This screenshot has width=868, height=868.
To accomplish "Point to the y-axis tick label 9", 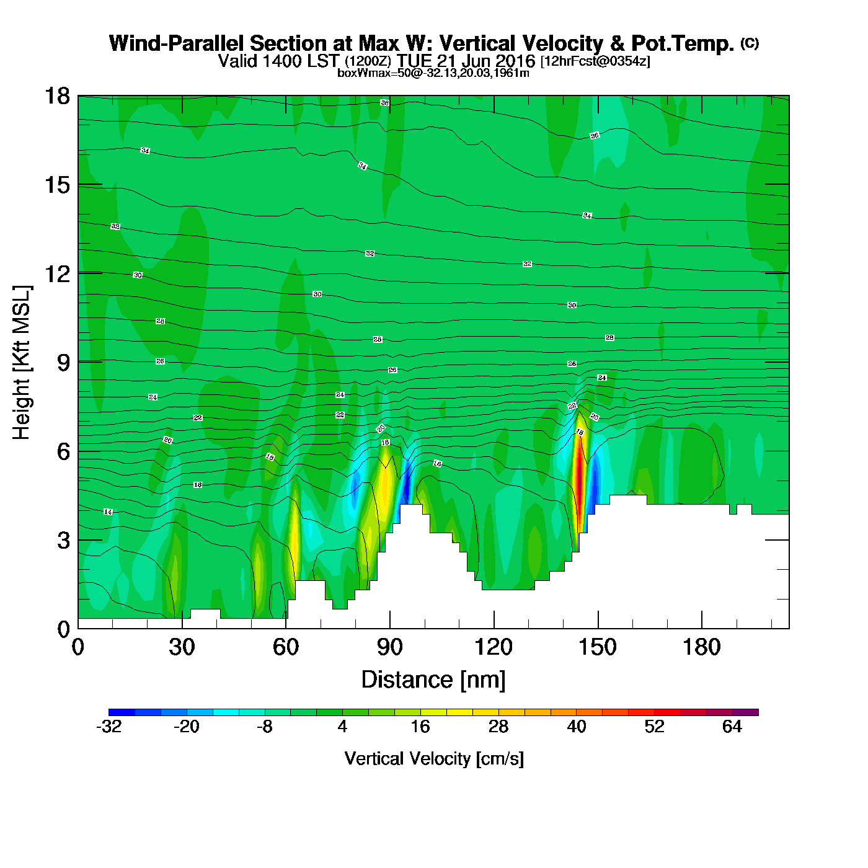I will pyautogui.click(x=63, y=363).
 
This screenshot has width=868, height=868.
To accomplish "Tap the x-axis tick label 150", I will pyautogui.click(x=598, y=648).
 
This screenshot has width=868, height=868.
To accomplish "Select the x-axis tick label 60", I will pyautogui.click(x=286, y=648).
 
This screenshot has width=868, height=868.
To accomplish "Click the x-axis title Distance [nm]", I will pyautogui.click(x=433, y=680).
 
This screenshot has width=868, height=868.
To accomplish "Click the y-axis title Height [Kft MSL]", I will pyautogui.click(x=22, y=363).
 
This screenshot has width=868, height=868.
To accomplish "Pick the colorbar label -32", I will pyautogui.click(x=108, y=727).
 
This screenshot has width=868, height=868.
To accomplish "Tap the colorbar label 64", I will pyautogui.click(x=732, y=727).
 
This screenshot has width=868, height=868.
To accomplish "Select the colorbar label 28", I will pyautogui.click(x=498, y=727).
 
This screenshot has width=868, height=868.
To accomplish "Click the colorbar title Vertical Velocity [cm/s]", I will pyautogui.click(x=434, y=759).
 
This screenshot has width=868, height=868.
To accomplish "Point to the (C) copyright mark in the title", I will pyautogui.click(x=750, y=43).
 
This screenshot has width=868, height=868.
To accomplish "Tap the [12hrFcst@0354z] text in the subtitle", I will pyautogui.click(x=595, y=61).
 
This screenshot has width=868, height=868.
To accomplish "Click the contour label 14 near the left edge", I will pyautogui.click(x=108, y=512).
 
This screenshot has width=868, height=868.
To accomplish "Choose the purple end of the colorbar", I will pyautogui.click(x=751, y=712).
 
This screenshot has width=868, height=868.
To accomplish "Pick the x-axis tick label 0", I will pyautogui.click(x=78, y=648).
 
